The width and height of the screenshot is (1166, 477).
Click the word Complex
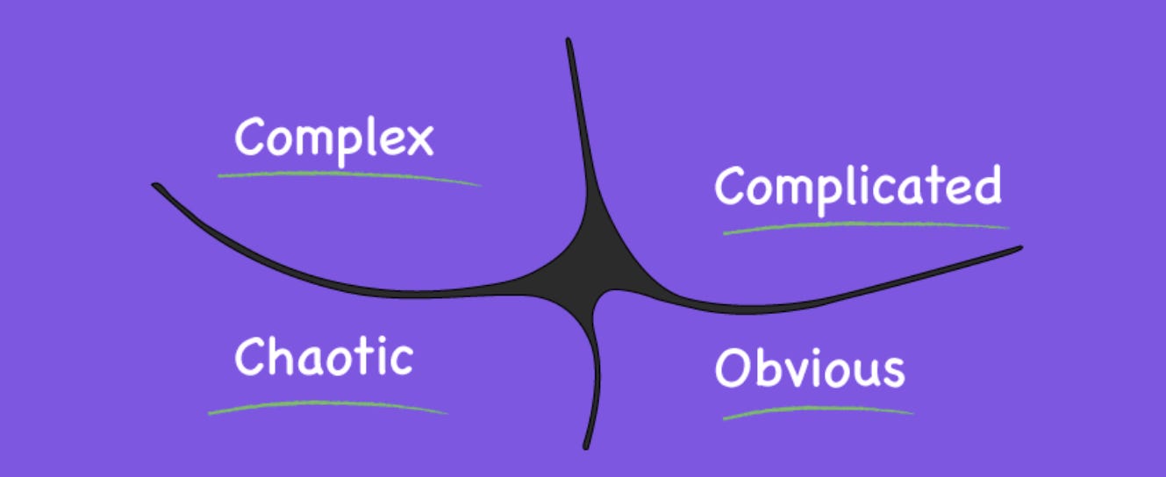(334, 139)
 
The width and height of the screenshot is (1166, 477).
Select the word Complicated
(857, 187)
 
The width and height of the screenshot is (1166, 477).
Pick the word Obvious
(809, 368)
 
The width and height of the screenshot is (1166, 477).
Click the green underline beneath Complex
(348, 175)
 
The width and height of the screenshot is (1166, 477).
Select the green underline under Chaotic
(327, 405)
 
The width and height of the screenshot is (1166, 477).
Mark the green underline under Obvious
(818, 409)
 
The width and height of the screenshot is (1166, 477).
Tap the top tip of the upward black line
(569, 41)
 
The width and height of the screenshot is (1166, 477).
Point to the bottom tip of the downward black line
(586, 447)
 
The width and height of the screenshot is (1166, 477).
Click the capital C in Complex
(251, 137)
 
